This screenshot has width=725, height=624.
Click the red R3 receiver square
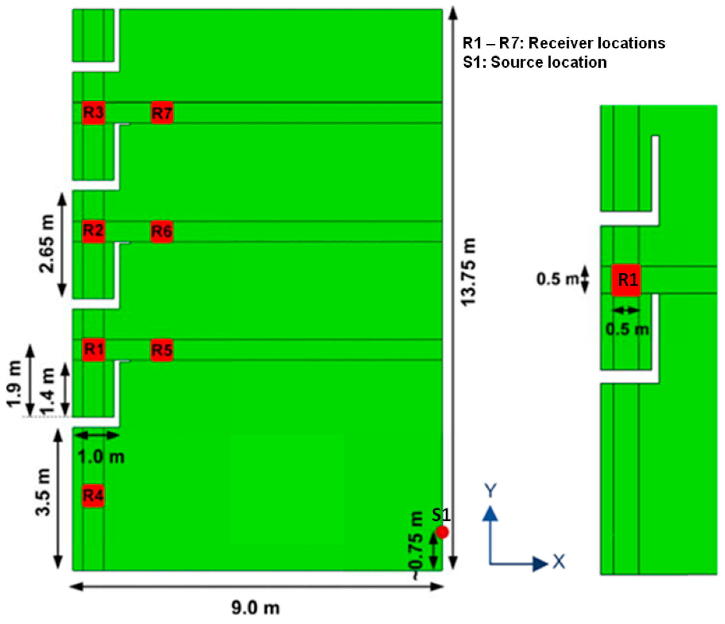tap(94, 113)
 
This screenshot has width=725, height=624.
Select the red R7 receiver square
tap(162, 113)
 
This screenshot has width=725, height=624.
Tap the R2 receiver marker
tap(94, 231)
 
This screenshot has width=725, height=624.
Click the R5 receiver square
tap(162, 350)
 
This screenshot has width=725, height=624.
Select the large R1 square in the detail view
tap(626, 280)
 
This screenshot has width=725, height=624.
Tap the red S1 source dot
tap(442, 532)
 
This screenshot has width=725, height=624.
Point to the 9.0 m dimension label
tap(256, 608)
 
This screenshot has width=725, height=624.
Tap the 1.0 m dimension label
tap(101, 457)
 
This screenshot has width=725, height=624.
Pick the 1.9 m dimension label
tap(15, 384)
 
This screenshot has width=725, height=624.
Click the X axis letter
tap(559, 562)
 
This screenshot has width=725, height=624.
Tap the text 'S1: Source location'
tap(535, 63)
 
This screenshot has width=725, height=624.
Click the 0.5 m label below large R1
tap(627, 329)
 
